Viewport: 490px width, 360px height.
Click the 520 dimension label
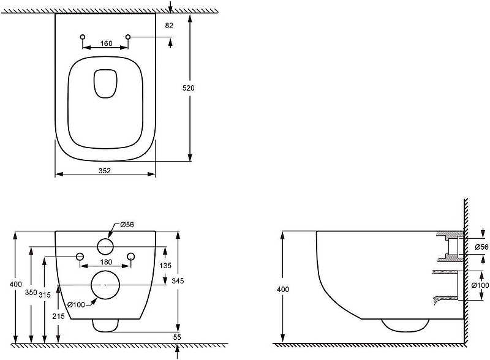pos(189,88)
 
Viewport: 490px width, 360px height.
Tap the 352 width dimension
pos(105,171)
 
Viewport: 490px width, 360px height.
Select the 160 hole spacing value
pos(106,43)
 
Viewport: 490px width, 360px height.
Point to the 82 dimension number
pos(169,25)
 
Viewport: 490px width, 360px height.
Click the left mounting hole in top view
pos(83,37)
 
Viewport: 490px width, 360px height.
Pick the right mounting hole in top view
pos(128,37)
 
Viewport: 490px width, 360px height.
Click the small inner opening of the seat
pos(105,83)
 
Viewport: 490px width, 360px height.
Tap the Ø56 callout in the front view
pos(127,224)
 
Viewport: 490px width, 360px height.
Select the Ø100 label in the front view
pos(76,304)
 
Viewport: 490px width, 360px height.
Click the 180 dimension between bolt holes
pos(106,262)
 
